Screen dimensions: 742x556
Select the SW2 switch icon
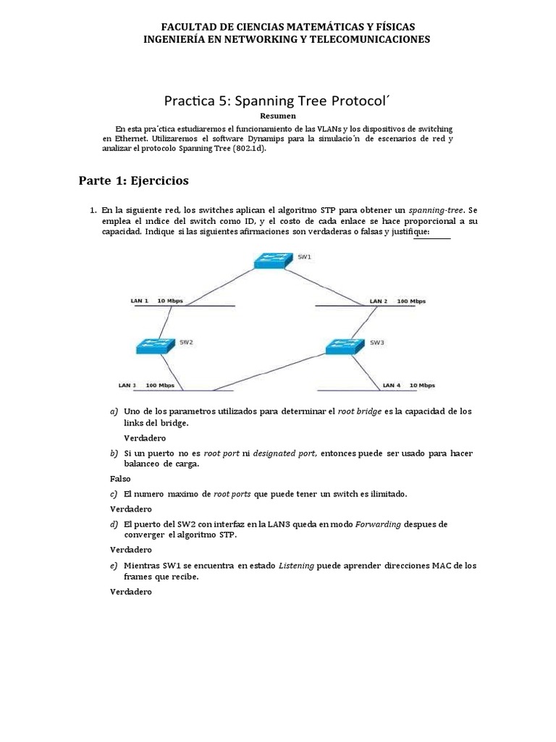tap(156, 346)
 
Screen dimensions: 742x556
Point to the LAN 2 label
tap(379, 301)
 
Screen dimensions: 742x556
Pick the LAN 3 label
tap(127, 385)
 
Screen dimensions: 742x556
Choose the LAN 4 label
tap(392, 385)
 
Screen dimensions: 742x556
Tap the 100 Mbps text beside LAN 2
tap(412, 301)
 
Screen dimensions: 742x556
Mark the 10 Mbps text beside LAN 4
tap(421, 385)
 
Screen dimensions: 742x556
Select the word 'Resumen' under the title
tap(277, 115)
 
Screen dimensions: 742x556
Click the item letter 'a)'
tap(114, 412)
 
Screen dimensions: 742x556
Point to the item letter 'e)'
tap(114, 565)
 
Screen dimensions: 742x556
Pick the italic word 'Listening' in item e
tap(297, 565)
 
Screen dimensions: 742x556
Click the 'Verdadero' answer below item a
tap(145, 438)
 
